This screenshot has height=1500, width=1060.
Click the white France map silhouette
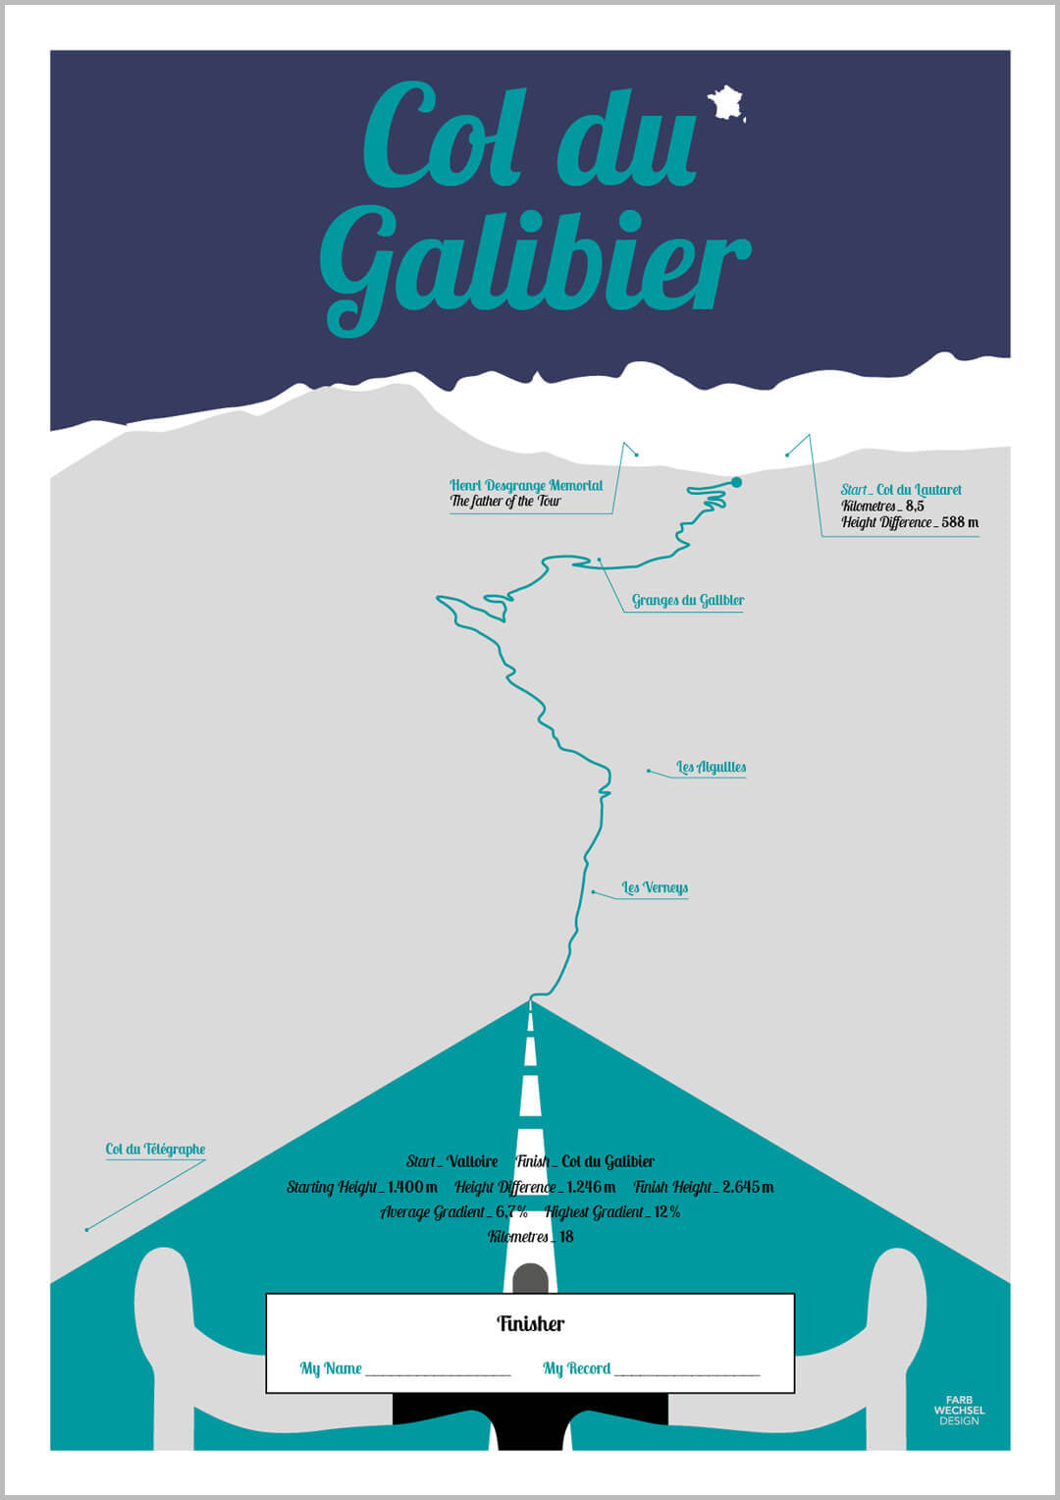[726, 102]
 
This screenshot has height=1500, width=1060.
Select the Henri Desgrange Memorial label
[526, 485]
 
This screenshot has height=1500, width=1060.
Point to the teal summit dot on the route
[736, 482]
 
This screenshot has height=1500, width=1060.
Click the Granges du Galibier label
[687, 600]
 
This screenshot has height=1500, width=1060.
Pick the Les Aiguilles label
[711, 767]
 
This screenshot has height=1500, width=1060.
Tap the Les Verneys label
[655, 887]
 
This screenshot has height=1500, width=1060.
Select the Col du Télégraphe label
[155, 1149]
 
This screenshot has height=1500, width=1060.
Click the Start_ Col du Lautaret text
[901, 489]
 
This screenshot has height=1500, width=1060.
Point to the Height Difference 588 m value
[909, 522]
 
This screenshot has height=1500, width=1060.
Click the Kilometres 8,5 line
[882, 506]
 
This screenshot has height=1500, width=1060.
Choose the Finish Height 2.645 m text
[704, 1187]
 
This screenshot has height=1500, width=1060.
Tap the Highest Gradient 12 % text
[612, 1211]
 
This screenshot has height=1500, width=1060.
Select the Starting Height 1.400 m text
[362, 1187]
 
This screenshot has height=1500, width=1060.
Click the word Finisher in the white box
[530, 1323]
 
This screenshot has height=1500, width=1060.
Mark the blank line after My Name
[438, 1370]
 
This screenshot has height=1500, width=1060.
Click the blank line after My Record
[687, 1370]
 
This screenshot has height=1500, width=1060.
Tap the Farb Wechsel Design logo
[959, 1410]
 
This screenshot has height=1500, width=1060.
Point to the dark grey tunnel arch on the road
[530, 1278]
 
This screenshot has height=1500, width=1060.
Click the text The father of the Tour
[505, 502]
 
